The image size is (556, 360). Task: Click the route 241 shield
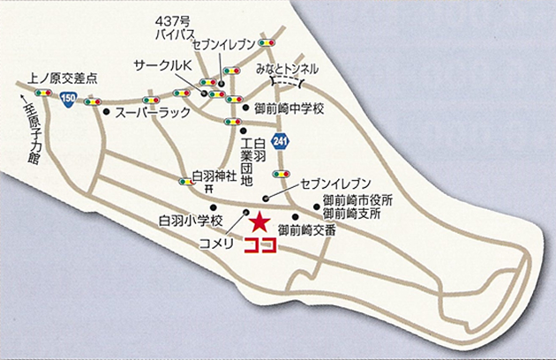pos(281,140)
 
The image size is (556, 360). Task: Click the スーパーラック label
pos(146,114)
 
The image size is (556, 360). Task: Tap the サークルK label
pos(163,67)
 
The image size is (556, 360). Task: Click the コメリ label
pos(216,242)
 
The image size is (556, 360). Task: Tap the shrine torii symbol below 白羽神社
pos(209,189)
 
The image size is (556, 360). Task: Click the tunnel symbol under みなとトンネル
pos(286,81)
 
